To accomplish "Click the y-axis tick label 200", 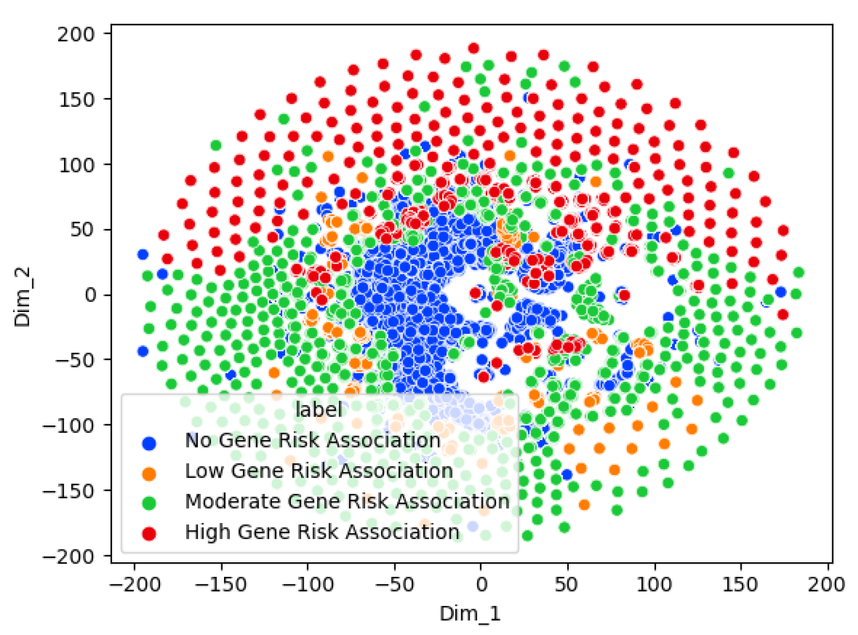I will pos(75,34).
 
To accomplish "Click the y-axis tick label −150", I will pos(68,491).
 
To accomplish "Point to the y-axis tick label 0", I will pos(89,295).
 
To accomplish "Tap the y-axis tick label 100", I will pos(75,165).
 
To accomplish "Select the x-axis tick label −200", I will pos(134,584).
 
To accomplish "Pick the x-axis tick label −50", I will pos(394,584).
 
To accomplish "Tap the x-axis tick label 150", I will pos(741,584).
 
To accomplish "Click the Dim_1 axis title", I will pos(470,613).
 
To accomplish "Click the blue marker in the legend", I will pos(149,443).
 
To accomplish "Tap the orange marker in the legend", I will pos(149,473).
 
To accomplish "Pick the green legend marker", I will pos(149,503).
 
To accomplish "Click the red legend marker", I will pos(149,533).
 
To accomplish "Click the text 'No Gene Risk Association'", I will pos(313,441).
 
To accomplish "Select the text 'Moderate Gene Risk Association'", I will pos(347,501).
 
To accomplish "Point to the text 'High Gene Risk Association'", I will pos(322,532).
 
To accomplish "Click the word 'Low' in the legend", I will pos(204,471).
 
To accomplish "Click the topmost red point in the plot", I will pos(473,48).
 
